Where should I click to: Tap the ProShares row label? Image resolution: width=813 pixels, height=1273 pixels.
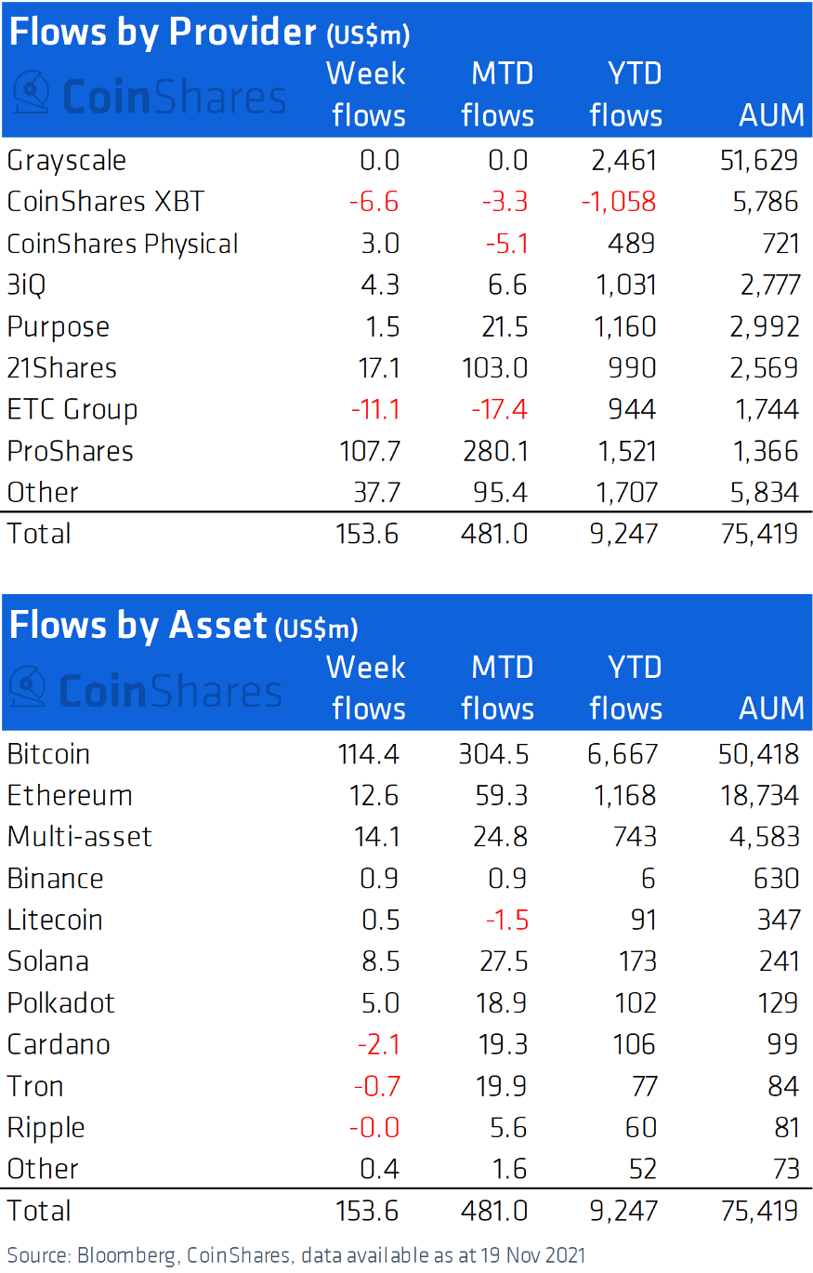pyautogui.click(x=71, y=451)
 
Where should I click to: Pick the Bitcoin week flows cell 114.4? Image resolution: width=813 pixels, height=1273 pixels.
pyautogui.click(x=368, y=753)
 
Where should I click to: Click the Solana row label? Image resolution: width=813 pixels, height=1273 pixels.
pyautogui.click(x=48, y=961)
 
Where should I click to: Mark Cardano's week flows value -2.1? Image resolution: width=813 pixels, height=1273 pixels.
pyautogui.click(x=378, y=1044)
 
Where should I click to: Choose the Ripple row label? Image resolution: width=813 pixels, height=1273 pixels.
pyautogui.click(x=46, y=1127)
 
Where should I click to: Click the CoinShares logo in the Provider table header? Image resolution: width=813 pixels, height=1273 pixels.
pyautogui.click(x=149, y=95)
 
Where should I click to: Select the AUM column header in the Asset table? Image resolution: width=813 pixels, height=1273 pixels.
pyautogui.click(x=771, y=709)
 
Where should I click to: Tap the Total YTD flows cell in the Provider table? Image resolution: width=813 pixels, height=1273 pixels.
pyautogui.click(x=624, y=534)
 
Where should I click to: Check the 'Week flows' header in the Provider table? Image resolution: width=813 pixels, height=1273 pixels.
pyautogui.click(x=368, y=94)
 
